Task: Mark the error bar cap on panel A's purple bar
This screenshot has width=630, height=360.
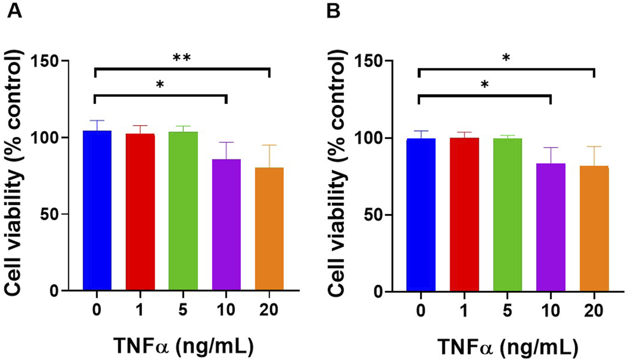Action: (226, 142)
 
